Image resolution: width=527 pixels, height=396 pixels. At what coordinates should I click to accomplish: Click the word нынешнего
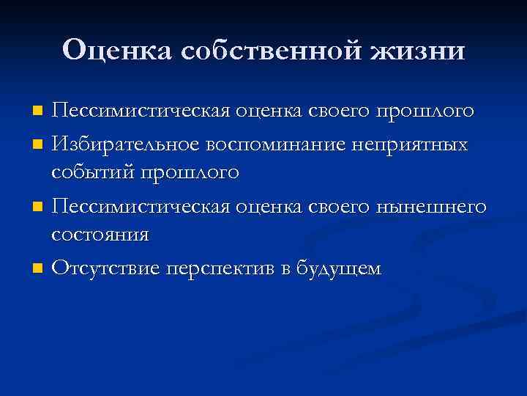(x=432, y=206)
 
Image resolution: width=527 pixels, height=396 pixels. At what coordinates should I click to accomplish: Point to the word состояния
(x=100, y=236)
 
